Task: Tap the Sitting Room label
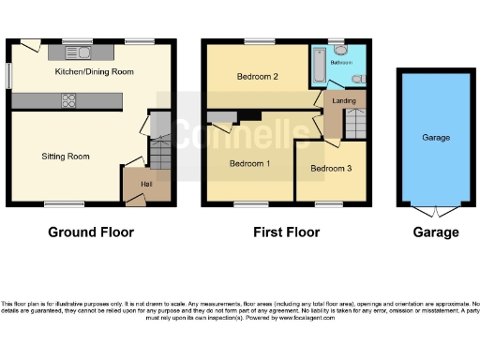coord(66,157)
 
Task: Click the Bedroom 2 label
coord(258,76)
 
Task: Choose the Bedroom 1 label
coord(250,164)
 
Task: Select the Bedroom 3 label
coord(332,169)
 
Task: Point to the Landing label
coord(339,101)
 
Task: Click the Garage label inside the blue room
coord(436,138)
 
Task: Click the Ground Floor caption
coord(91,232)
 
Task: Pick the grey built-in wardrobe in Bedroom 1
coord(221,118)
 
